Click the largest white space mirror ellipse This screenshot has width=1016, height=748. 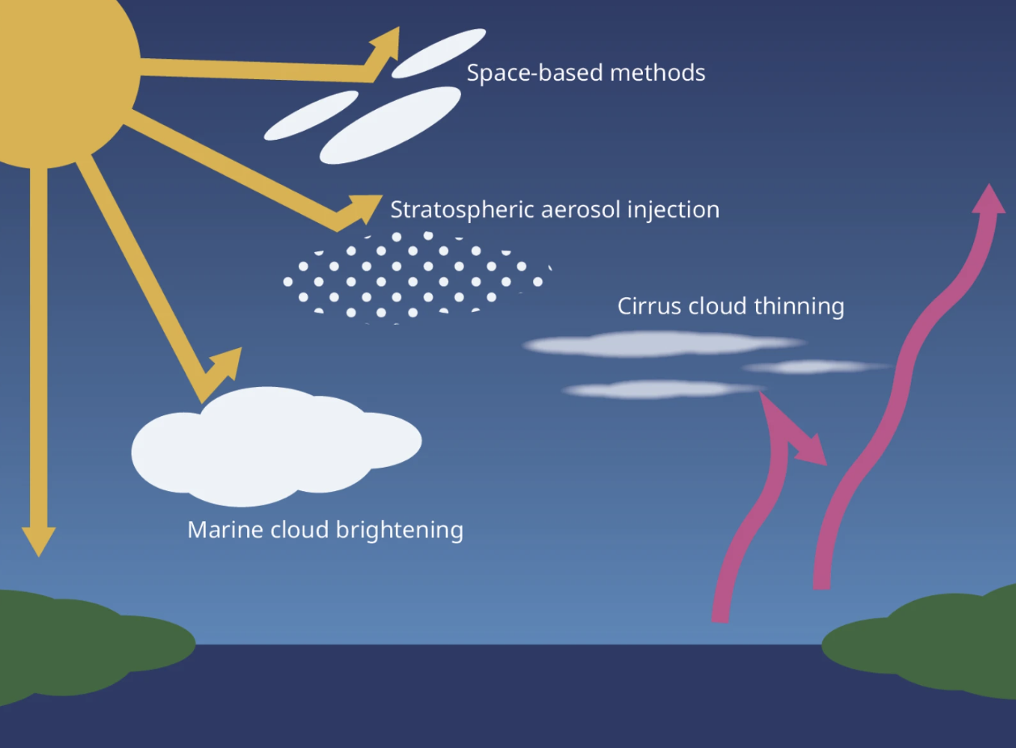(x=390, y=125)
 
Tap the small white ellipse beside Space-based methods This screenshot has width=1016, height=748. (x=439, y=53)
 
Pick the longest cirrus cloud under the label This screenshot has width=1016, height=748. (x=662, y=344)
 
